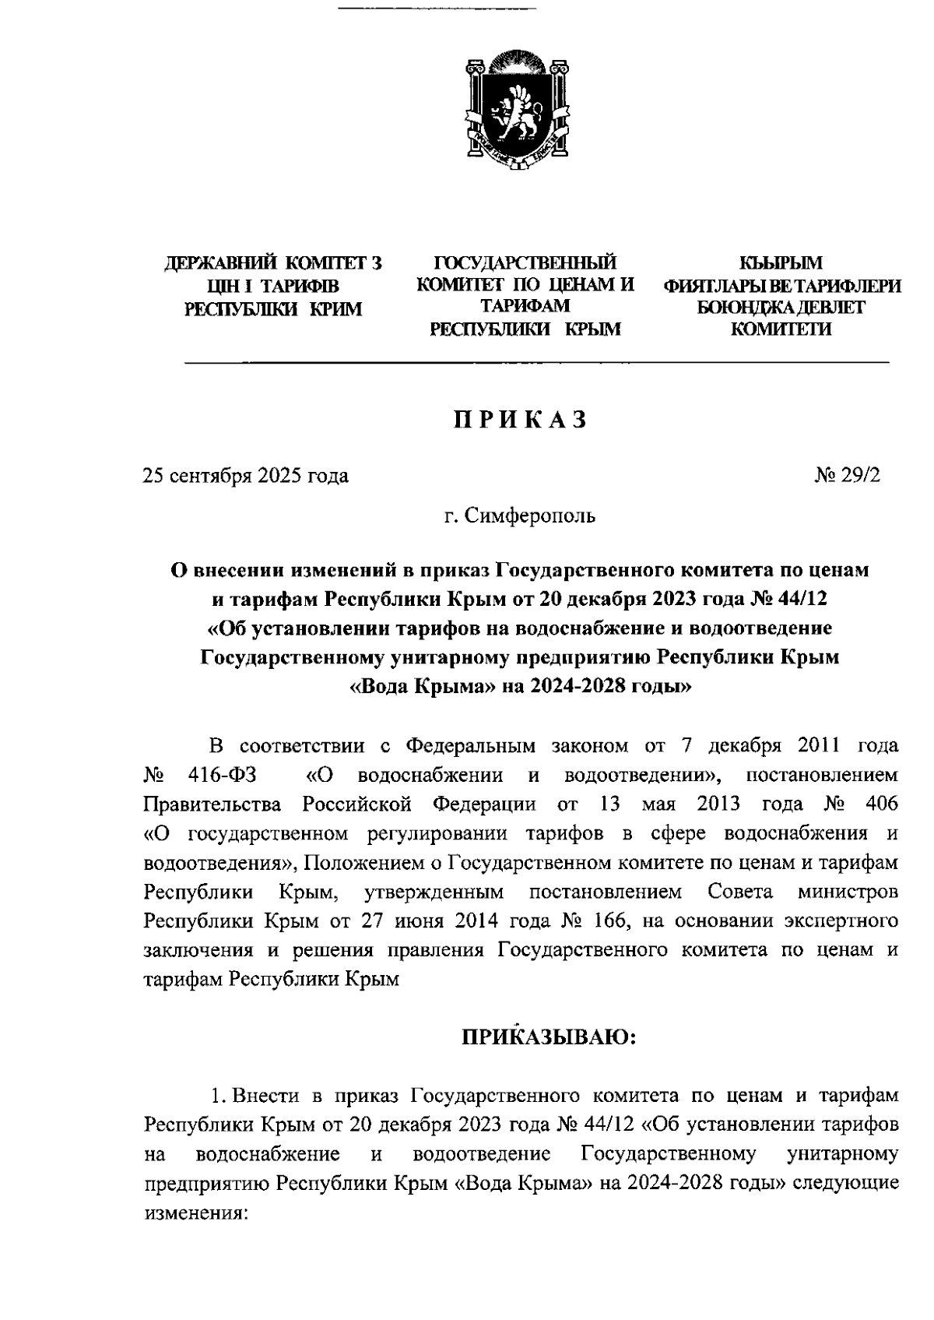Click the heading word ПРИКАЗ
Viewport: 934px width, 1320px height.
[519, 420]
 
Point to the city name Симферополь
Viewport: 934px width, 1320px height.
[529, 516]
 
